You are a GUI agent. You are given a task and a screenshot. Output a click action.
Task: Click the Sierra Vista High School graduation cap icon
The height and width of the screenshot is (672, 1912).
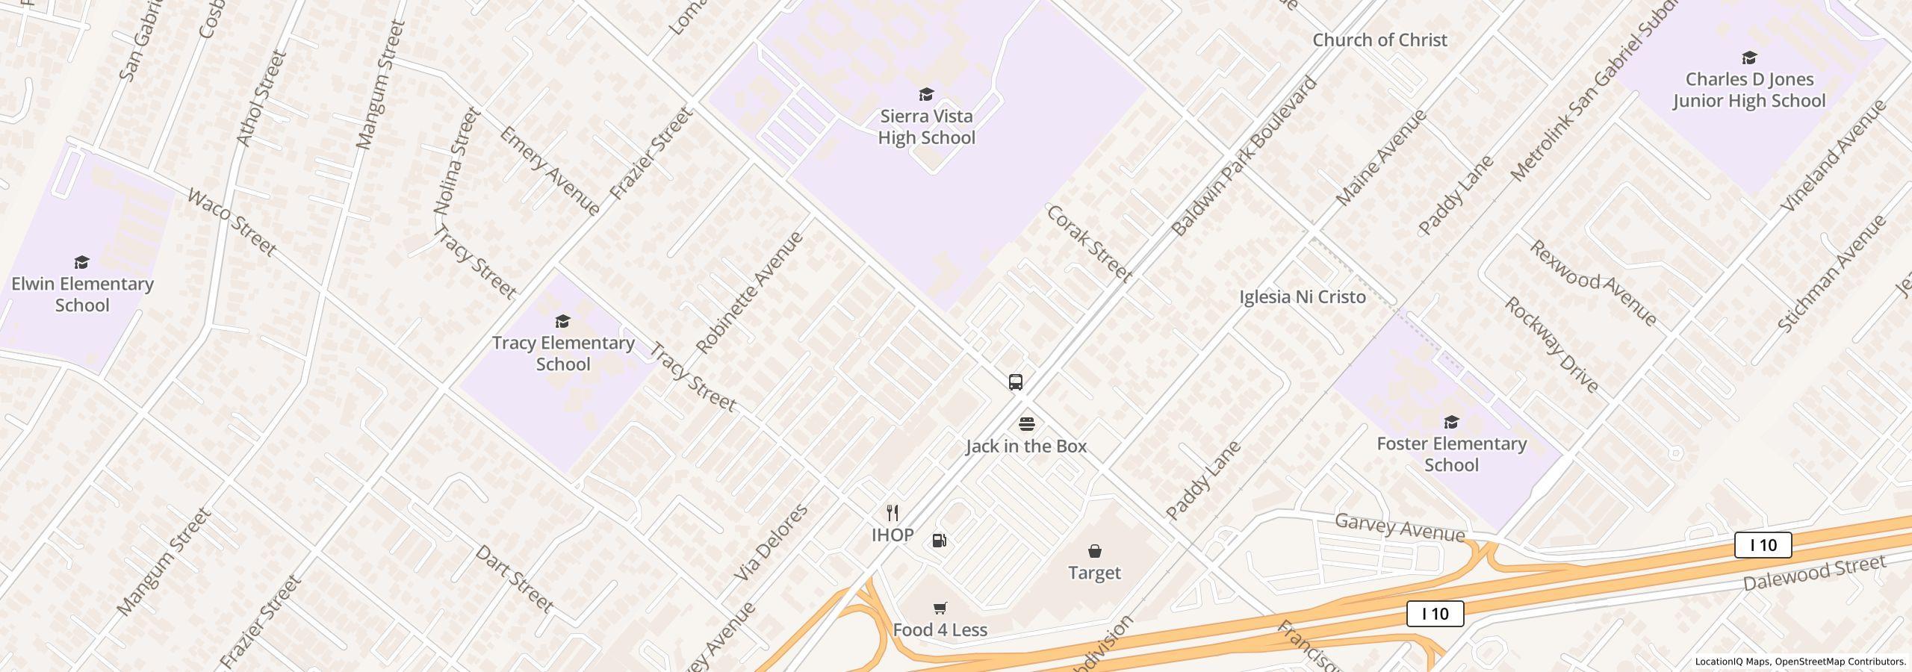pos(926,94)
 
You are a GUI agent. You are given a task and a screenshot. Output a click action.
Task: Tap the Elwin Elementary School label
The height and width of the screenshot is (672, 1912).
pos(82,294)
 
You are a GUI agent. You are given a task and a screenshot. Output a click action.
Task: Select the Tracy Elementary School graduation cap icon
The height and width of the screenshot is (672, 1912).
pos(562,321)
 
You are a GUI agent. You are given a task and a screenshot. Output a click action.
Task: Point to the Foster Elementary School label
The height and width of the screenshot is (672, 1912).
pos(1451,454)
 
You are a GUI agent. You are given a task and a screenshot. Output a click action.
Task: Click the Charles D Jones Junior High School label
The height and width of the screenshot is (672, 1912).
pos(1748,90)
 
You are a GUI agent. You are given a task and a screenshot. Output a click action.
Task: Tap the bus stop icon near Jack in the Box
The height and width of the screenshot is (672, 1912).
pos(1015,382)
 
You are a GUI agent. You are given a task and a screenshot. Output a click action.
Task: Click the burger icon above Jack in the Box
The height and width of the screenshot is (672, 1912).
pos(1027,424)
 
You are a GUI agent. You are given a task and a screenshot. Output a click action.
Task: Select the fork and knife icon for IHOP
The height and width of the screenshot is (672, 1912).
pos(892,513)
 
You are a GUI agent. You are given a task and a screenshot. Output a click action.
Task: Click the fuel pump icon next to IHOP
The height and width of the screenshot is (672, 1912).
pos(940,541)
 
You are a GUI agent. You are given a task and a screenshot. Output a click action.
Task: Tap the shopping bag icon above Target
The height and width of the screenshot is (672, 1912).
pos(1094,551)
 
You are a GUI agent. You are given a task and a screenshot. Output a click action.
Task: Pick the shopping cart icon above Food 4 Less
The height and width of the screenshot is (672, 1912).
pos(940,608)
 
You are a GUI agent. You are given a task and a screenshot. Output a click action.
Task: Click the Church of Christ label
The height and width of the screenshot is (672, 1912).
pos(1379,40)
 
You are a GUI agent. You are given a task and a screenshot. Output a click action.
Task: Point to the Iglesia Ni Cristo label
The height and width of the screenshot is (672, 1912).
pos(1302,297)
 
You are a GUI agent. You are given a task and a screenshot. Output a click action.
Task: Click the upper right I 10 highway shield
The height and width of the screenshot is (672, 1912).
pos(1763,545)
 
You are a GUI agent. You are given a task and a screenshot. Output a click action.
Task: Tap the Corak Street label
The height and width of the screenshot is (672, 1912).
pos(1089,243)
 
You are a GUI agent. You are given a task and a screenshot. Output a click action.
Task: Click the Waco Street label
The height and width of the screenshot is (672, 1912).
pos(232,222)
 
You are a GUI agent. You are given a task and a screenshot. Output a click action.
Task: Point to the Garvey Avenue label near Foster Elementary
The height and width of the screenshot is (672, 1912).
pos(1399,528)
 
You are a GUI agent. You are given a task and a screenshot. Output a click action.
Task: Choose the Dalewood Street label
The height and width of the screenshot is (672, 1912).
pos(1814,573)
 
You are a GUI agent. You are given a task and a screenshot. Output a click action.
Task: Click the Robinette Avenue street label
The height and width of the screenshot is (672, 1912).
pos(749,292)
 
